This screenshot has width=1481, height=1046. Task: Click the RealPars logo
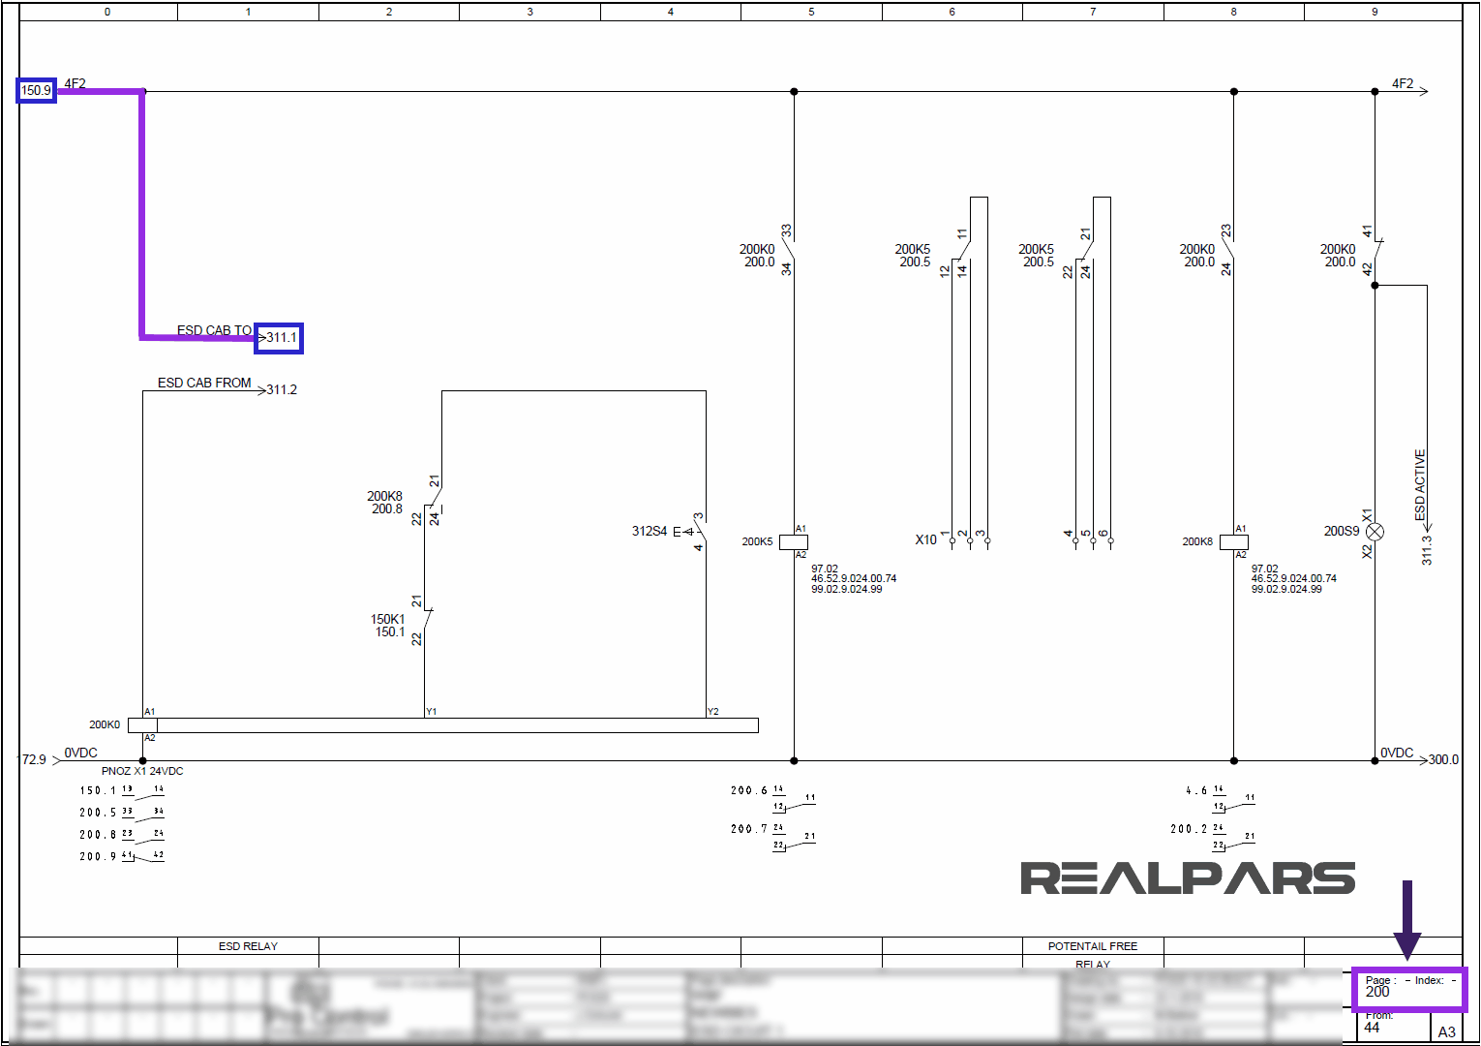click(1188, 877)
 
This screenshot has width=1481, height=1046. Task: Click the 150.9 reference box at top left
click(36, 90)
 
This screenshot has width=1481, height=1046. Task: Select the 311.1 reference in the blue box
click(281, 338)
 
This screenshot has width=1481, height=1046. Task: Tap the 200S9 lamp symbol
click(1375, 532)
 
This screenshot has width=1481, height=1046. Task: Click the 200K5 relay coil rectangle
click(794, 542)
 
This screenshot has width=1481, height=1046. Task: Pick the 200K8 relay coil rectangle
click(1234, 542)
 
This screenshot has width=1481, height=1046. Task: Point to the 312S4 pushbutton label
click(649, 531)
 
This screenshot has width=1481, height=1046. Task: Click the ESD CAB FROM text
click(204, 383)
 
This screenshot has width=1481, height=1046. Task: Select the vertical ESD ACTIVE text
click(1420, 484)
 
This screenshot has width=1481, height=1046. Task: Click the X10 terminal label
click(926, 539)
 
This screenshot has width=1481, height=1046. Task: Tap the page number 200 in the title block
click(1377, 993)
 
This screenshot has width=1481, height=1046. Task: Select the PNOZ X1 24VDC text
click(142, 771)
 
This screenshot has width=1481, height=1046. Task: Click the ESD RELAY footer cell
click(248, 946)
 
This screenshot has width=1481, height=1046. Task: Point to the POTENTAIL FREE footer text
click(1093, 946)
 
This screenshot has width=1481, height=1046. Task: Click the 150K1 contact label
click(388, 619)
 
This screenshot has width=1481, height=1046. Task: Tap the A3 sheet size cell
click(1446, 1031)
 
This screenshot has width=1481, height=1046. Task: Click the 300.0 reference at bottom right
click(1443, 759)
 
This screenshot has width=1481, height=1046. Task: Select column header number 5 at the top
click(811, 12)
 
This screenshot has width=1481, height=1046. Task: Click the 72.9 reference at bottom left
click(34, 759)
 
